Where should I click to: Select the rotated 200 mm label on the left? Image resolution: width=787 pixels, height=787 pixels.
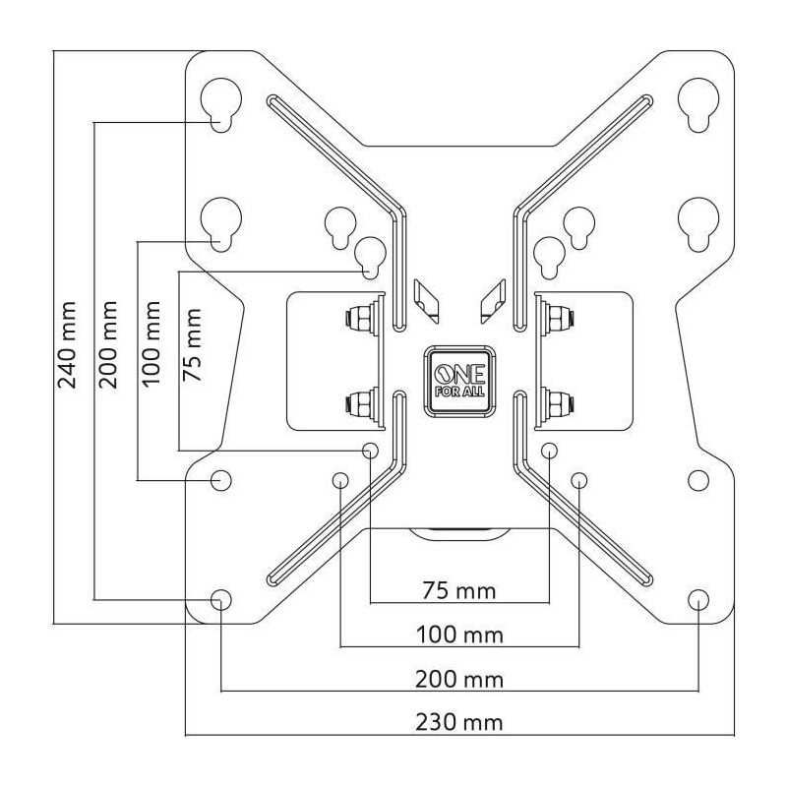point(108,343)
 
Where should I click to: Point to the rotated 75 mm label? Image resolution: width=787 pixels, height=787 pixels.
point(193,343)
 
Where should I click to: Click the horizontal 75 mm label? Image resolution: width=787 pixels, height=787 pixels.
point(459,590)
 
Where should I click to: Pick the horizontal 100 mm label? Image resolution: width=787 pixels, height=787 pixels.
point(459,635)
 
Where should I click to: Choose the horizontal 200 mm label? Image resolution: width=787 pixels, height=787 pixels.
point(459,679)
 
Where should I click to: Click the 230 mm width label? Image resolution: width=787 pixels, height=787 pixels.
point(459,723)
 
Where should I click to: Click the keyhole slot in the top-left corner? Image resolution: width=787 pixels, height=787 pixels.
point(220,103)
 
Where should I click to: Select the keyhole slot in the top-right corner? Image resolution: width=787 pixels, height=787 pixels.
point(698,103)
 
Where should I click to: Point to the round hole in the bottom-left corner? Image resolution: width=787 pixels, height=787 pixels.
point(220,598)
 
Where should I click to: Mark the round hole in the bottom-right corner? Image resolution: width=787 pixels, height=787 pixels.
point(698,598)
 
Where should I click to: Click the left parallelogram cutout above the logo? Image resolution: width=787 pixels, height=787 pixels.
point(428,299)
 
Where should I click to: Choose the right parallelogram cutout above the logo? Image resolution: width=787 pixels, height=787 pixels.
point(492,299)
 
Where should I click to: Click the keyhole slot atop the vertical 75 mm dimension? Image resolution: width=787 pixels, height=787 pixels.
point(370,257)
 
